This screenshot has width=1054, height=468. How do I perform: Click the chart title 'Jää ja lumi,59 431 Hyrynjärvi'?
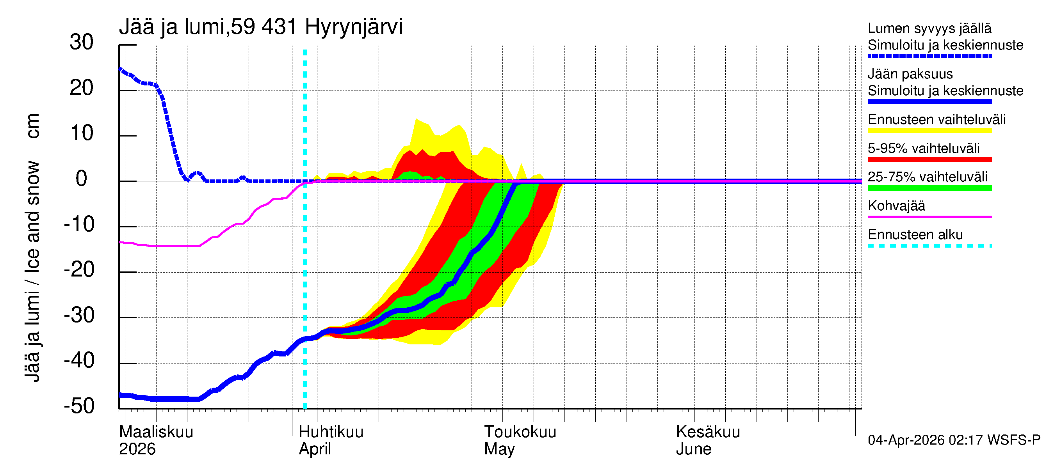pos(261,27)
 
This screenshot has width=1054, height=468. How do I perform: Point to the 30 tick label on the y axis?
pos(82,43)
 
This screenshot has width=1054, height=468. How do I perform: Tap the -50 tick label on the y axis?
pos(79,406)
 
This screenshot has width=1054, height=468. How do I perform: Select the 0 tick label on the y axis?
pos(82,179)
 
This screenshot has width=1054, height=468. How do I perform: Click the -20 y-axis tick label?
pos(79,270)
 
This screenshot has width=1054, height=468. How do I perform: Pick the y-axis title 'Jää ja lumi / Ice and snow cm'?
pos(32,248)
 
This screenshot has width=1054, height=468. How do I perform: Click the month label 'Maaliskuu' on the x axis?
pos(156,432)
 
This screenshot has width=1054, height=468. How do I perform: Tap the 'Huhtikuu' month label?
pos(331,432)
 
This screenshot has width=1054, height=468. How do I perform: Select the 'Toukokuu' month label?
pos(520,432)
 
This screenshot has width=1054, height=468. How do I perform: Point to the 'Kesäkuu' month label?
pos(708,432)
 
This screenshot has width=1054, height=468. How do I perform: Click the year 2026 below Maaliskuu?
pos(137,449)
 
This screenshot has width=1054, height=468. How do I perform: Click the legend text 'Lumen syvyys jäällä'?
pos(929,28)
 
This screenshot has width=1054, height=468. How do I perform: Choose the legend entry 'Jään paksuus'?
pos(910,74)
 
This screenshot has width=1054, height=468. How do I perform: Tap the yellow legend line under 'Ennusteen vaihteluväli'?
pos(929,131)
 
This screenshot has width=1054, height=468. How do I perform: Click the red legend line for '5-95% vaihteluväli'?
pos(929,160)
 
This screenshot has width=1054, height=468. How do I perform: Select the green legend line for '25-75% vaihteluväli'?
pos(929,188)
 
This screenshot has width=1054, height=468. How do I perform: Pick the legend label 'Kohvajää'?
pos(896,206)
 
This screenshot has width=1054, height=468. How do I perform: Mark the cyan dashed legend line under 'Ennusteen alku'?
pos(929,246)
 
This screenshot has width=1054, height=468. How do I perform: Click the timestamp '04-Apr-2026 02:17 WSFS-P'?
pos(954,440)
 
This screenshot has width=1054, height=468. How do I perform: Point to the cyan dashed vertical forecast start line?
pos(305,245)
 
